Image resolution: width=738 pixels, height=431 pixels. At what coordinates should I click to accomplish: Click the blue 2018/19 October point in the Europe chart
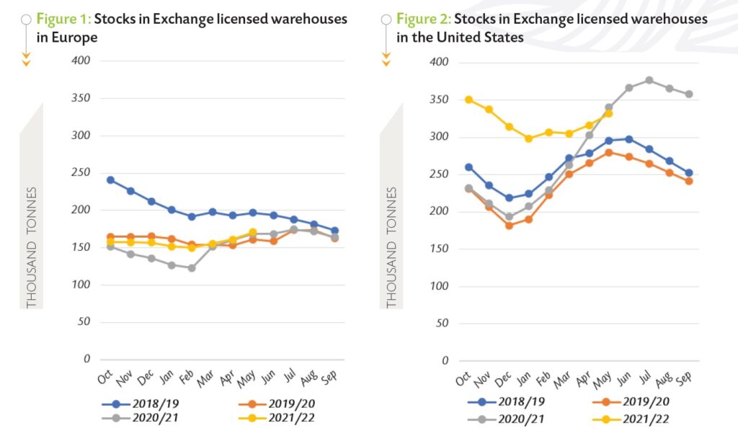[x=110, y=179]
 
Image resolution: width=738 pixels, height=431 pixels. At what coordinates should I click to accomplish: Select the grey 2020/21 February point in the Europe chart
[x=192, y=268]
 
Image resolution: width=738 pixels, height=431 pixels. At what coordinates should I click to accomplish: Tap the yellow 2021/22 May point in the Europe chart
[x=252, y=233]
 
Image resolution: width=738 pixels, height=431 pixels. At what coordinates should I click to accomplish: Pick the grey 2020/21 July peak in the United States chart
[x=649, y=80]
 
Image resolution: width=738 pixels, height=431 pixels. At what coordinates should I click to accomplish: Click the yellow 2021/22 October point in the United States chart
[x=468, y=99]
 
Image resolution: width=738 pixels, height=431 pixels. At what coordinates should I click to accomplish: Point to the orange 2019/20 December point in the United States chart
[x=509, y=226]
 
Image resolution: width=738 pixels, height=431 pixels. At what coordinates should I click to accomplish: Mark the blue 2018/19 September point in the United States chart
[x=689, y=173]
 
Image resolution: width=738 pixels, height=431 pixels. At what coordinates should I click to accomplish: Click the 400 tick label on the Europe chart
[x=81, y=61]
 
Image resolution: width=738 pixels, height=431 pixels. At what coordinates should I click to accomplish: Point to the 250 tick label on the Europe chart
[x=81, y=172]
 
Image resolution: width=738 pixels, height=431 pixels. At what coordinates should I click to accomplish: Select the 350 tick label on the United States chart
[x=440, y=99]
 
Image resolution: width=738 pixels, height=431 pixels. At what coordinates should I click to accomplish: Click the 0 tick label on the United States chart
[x=445, y=360]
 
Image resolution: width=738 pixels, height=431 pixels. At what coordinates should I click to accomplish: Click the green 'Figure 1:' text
[x=63, y=19]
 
